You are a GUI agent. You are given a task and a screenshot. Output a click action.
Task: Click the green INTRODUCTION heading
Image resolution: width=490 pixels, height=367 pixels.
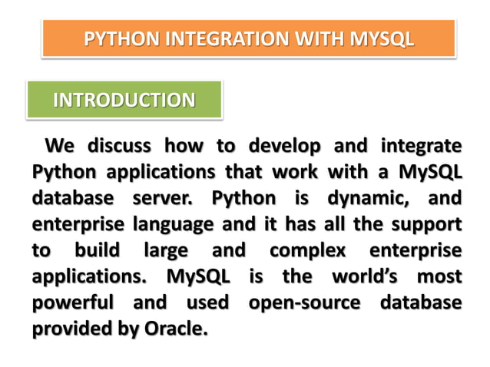click(x=124, y=100)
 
